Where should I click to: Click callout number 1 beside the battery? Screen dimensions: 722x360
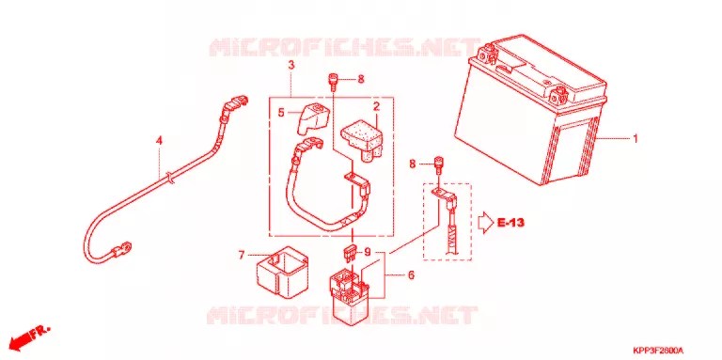click(635, 138)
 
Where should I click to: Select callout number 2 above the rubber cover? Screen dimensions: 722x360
click(376, 107)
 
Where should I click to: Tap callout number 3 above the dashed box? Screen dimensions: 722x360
click(291, 66)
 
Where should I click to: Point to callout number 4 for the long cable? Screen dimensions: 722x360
click(159, 140)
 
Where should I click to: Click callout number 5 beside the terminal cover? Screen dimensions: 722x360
click(280, 112)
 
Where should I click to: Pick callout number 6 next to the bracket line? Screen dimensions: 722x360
click(411, 275)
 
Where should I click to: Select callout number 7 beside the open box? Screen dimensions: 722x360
click(242, 255)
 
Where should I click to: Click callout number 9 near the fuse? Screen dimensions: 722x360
click(367, 252)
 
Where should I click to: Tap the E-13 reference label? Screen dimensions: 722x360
click(511, 224)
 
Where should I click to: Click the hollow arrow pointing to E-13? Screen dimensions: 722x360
click(486, 224)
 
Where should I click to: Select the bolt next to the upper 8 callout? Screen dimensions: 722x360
click(332, 82)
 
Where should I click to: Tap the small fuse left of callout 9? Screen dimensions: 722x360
click(351, 253)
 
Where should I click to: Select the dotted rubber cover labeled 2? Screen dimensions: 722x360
click(362, 139)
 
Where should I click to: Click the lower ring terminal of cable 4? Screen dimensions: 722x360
click(121, 251)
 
